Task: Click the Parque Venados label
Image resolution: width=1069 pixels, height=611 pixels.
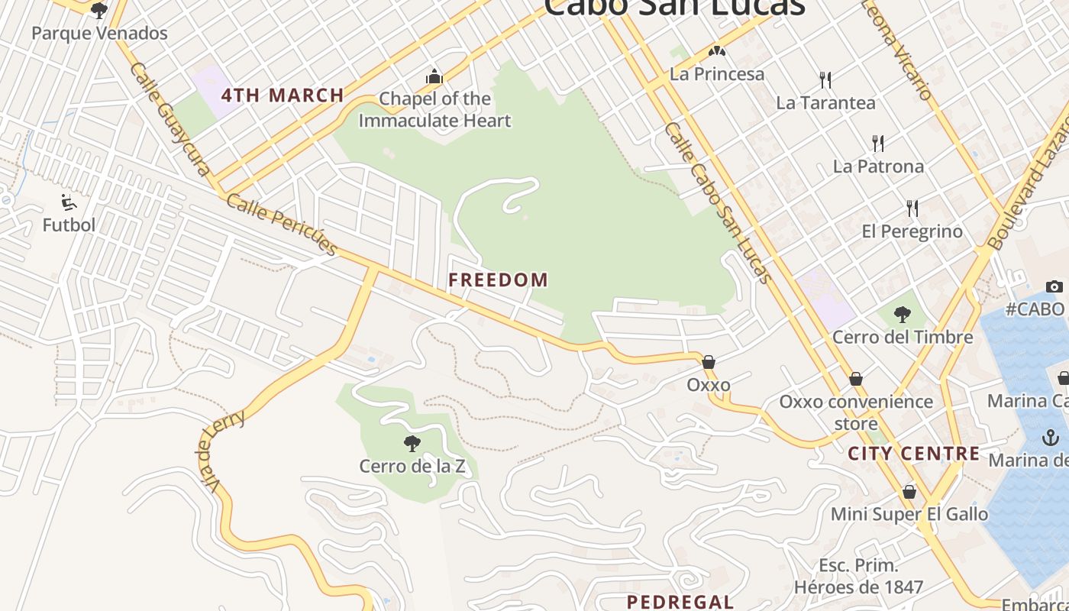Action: [x=99, y=34]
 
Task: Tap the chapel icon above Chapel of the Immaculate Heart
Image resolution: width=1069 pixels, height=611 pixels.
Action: [x=434, y=76]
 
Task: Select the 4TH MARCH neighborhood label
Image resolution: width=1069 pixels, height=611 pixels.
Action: [x=283, y=95]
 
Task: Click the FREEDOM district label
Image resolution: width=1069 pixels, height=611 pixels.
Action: [x=498, y=280]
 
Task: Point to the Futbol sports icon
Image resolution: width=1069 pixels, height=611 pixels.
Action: [x=69, y=202]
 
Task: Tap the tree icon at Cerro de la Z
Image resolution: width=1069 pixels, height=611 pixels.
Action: [x=412, y=443]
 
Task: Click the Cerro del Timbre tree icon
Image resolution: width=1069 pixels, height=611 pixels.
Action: [x=902, y=314]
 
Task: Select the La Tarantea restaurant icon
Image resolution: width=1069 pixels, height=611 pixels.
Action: [x=825, y=79]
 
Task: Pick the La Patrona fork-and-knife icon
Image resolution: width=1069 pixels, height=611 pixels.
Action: [x=878, y=143]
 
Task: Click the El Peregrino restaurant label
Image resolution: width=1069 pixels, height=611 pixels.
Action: [x=912, y=231]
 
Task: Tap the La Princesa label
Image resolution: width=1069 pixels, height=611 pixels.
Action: [x=716, y=74]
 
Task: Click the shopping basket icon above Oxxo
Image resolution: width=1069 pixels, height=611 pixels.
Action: [x=709, y=362]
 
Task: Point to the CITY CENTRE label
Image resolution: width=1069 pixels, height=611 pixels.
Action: [x=914, y=454]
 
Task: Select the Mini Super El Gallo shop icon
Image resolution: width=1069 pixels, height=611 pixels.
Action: [x=909, y=492]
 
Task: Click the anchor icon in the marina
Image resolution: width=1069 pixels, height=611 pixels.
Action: [x=1051, y=438]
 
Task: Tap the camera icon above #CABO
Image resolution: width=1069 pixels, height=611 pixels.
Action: [x=1054, y=286]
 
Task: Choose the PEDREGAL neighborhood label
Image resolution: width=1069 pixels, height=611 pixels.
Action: [x=680, y=602]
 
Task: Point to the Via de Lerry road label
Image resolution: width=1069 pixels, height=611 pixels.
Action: [x=221, y=450]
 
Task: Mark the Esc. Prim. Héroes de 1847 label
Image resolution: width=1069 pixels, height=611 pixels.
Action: [x=858, y=577]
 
